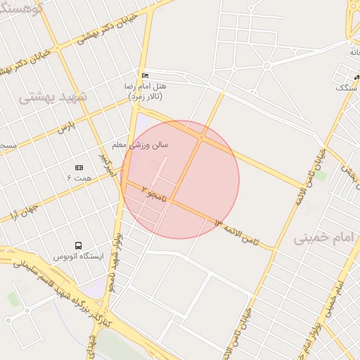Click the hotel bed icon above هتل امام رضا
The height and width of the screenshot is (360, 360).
tap(146, 75)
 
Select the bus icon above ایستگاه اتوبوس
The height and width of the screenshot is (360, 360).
tap(77, 246)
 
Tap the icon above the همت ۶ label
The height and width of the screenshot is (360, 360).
tap(79, 167)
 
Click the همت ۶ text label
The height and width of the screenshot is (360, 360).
tap(79, 179)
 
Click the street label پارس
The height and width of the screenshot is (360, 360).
tap(65, 128)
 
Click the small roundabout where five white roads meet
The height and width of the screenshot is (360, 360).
tap(266, 66)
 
